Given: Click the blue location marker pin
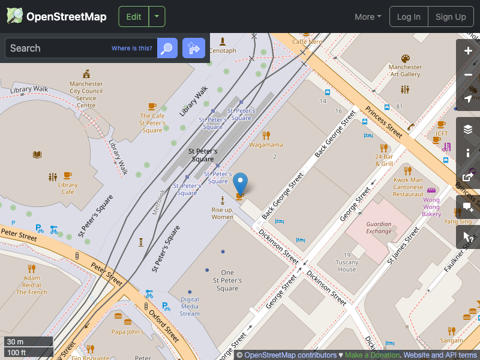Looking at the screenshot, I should pyautogui.click(x=240, y=182).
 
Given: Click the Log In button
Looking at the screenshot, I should pyautogui.click(x=409, y=17).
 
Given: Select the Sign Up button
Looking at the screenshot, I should pyautogui.click(x=451, y=17).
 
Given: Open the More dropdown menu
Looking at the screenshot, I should pyautogui.click(x=368, y=17).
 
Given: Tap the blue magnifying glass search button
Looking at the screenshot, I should pyautogui.click(x=167, y=48).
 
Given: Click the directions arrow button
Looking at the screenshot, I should pyautogui.click(x=194, y=48).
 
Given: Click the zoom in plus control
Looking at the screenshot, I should pyautogui.click(x=468, y=51).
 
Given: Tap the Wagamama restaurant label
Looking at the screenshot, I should pyautogui.click(x=266, y=145).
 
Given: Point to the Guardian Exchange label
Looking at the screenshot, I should pyautogui.click(x=379, y=227).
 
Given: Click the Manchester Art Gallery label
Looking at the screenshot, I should pyautogui.click(x=405, y=70).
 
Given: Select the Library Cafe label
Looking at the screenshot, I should pyautogui.click(x=68, y=188).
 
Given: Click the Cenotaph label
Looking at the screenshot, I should pyautogui.click(x=223, y=50).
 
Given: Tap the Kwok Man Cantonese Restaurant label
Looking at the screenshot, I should pyautogui.click(x=408, y=187).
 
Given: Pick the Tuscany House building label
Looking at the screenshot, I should pyautogui.click(x=347, y=266).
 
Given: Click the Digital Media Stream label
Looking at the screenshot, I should pyautogui.click(x=190, y=306).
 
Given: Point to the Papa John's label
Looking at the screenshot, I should pyautogui.click(x=127, y=332).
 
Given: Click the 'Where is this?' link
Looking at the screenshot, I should pyautogui.click(x=132, y=48).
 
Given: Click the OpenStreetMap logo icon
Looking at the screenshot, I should pyautogui.click(x=15, y=16).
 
